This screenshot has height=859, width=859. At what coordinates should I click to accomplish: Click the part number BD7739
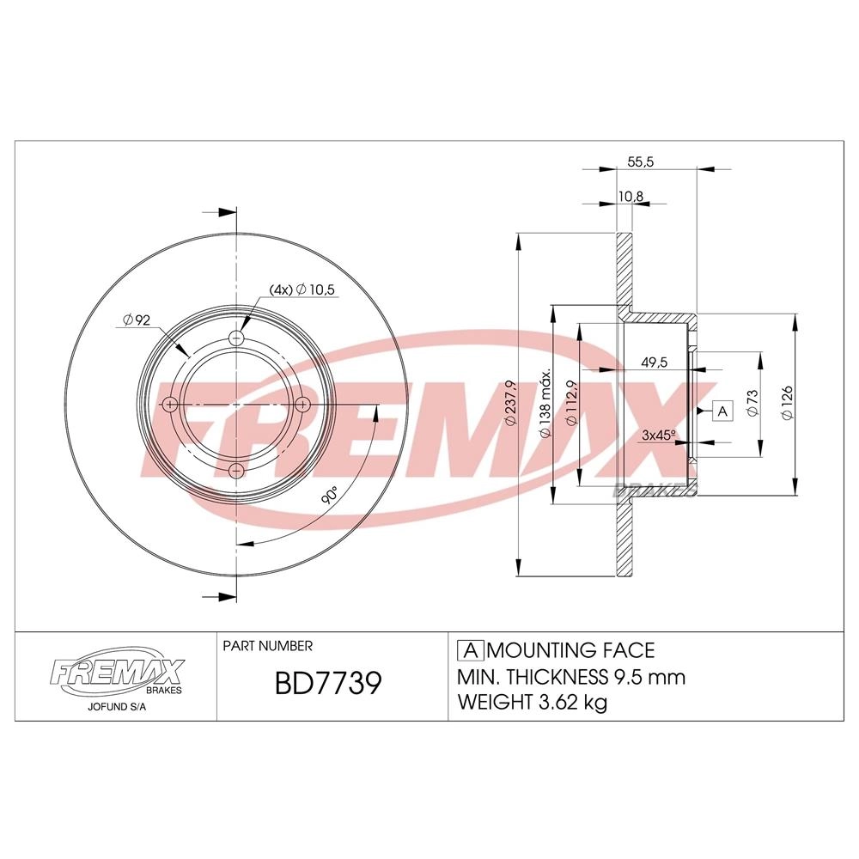point(327,684)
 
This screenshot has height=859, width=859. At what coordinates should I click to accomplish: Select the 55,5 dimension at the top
point(641,162)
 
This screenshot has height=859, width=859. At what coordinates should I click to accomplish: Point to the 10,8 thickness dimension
point(631,197)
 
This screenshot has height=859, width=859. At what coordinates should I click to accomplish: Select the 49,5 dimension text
point(654,362)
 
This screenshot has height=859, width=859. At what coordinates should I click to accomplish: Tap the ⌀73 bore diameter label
point(752,403)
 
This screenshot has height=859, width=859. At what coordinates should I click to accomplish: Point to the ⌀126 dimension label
point(787,403)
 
